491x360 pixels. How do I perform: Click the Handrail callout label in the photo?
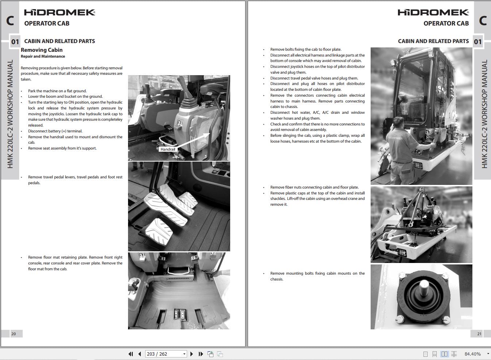(168, 149)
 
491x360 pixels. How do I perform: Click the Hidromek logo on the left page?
(59, 12)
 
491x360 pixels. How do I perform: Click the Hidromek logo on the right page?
(433, 12)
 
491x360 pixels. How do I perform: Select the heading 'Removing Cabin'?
(42, 50)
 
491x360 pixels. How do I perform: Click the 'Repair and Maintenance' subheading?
(43, 57)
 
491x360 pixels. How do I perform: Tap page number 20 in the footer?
(13, 334)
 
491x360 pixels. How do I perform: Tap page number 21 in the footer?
(479, 334)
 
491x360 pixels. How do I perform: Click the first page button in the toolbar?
(131, 354)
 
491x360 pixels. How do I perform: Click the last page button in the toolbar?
(201, 354)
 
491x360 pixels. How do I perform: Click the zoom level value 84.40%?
(472, 354)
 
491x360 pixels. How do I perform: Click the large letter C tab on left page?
(10, 20)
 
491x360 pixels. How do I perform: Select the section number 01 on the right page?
(478, 42)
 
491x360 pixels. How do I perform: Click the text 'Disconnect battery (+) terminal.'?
(55, 131)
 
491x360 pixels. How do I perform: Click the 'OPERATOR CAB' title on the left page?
(47, 23)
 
